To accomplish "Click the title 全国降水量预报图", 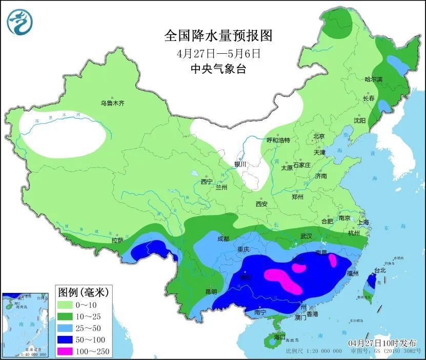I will click(218, 35).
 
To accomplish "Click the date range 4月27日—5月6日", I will click(218, 53).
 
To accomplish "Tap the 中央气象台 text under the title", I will click(218, 69).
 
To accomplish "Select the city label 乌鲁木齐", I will click(112, 103).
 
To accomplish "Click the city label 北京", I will click(319, 136).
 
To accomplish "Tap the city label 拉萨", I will click(117, 240).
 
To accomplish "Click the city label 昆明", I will click(211, 291).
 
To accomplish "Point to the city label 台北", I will click(380, 270).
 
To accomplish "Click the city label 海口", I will click(279, 337).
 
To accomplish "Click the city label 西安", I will click(261, 204).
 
